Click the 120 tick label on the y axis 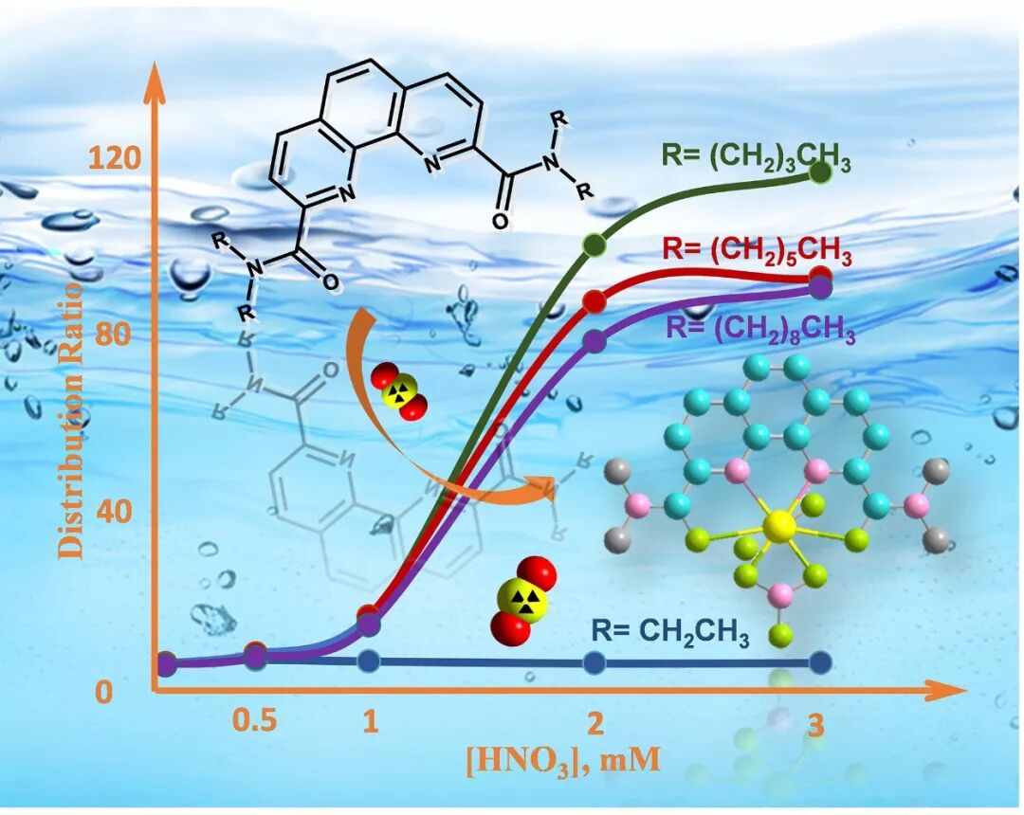point(115,159)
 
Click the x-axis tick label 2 point(594,724)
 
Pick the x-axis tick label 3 point(816,726)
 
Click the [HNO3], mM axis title point(562,760)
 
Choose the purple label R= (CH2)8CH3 point(761,331)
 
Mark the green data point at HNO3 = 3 point(820,172)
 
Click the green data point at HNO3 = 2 point(594,244)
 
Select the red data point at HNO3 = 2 point(594,301)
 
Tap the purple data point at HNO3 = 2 point(594,341)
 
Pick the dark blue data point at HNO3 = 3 point(821,662)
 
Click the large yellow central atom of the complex point(779,525)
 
